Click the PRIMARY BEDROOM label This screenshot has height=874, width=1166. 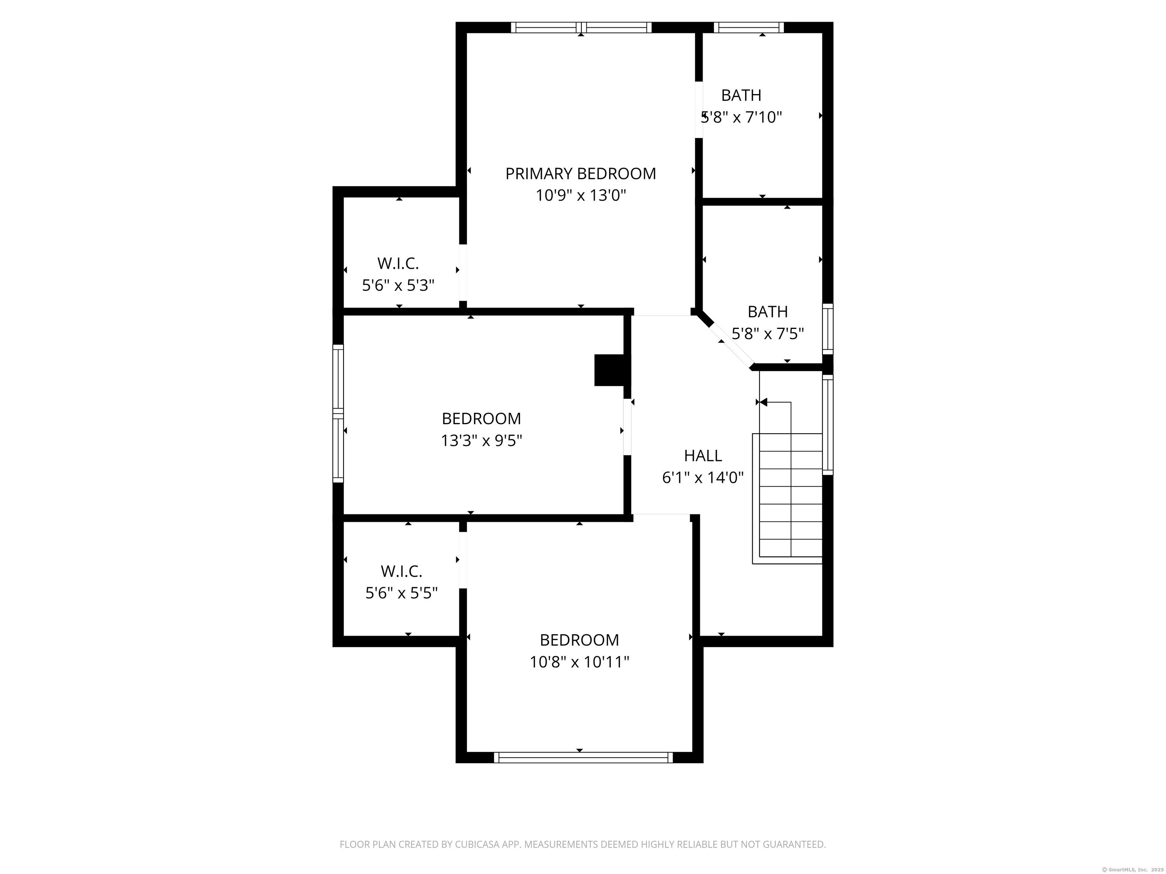coord(580,173)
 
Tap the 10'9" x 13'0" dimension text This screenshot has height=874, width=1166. coord(580,195)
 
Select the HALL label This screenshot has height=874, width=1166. coord(703,455)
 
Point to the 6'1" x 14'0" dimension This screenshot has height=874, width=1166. coord(703,477)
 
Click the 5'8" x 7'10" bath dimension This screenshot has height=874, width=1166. coord(741,117)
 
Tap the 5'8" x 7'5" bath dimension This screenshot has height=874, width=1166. coord(767,333)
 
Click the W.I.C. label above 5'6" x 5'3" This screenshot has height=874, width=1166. coord(398,263)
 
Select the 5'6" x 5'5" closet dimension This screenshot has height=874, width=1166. coord(402,593)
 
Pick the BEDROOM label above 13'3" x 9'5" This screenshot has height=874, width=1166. coord(481,418)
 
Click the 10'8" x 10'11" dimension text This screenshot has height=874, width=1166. coord(579,662)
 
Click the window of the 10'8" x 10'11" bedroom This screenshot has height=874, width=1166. coord(583,758)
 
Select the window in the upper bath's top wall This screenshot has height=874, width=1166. coord(748,27)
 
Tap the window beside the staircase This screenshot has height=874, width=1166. coord(828,424)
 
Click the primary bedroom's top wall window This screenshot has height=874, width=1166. coord(581,27)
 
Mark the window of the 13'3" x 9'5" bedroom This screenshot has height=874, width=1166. coord(338,413)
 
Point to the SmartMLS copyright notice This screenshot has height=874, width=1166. coord(1134,869)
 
